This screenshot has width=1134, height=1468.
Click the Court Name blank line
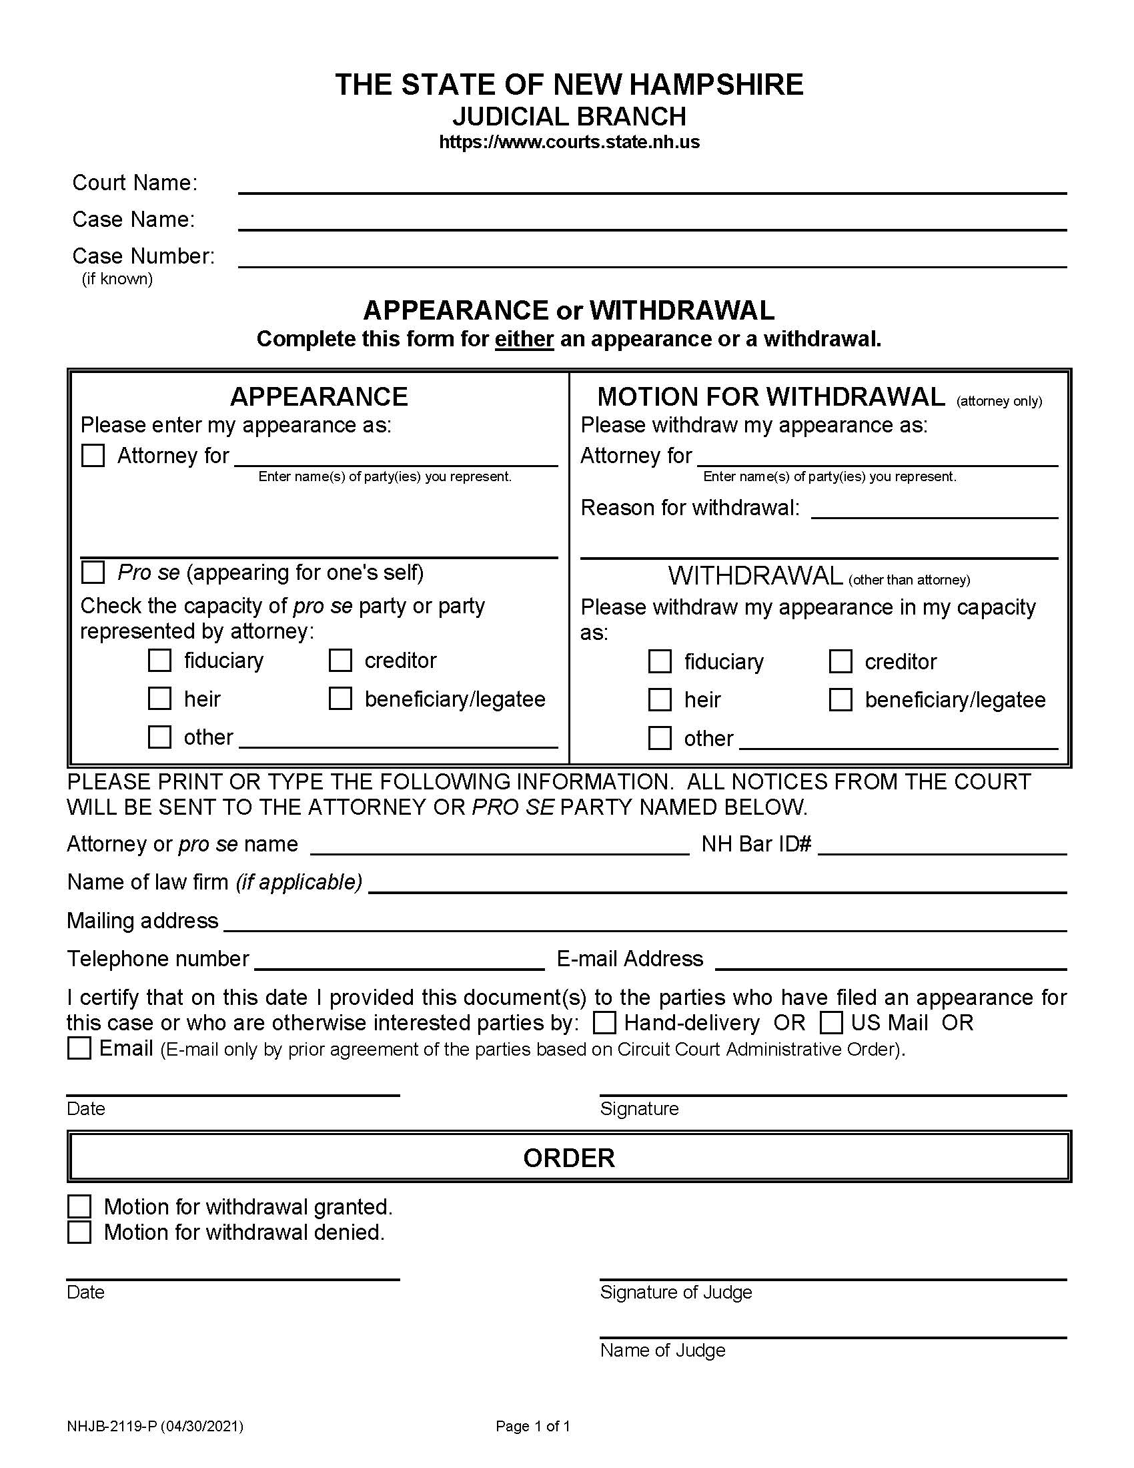coord(652,186)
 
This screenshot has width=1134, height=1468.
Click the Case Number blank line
coord(652,259)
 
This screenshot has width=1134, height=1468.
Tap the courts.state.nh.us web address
coord(569,142)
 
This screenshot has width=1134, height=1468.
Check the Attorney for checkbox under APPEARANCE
coord(93,456)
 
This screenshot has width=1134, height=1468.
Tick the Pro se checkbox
coord(93,573)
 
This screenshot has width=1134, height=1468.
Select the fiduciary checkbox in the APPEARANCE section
coord(159,660)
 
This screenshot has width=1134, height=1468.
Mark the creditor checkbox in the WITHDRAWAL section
coord(840,661)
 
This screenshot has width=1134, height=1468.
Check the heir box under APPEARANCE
coord(159,699)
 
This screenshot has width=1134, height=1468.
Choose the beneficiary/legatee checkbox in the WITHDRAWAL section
coord(840,700)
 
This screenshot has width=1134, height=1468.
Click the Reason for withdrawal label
coord(690,508)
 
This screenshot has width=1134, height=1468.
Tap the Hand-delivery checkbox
coord(604,1023)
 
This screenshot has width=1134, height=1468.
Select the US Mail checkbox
coord(831,1023)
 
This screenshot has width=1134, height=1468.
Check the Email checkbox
coord(79,1048)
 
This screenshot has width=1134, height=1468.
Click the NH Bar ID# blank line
coord(942,846)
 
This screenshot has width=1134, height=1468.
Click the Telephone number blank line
coord(399,961)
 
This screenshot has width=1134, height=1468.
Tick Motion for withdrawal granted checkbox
coord(79,1206)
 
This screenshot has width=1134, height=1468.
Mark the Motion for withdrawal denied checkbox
coord(79,1232)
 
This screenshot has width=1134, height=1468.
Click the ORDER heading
coord(569,1158)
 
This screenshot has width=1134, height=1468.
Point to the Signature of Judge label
coord(676,1292)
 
